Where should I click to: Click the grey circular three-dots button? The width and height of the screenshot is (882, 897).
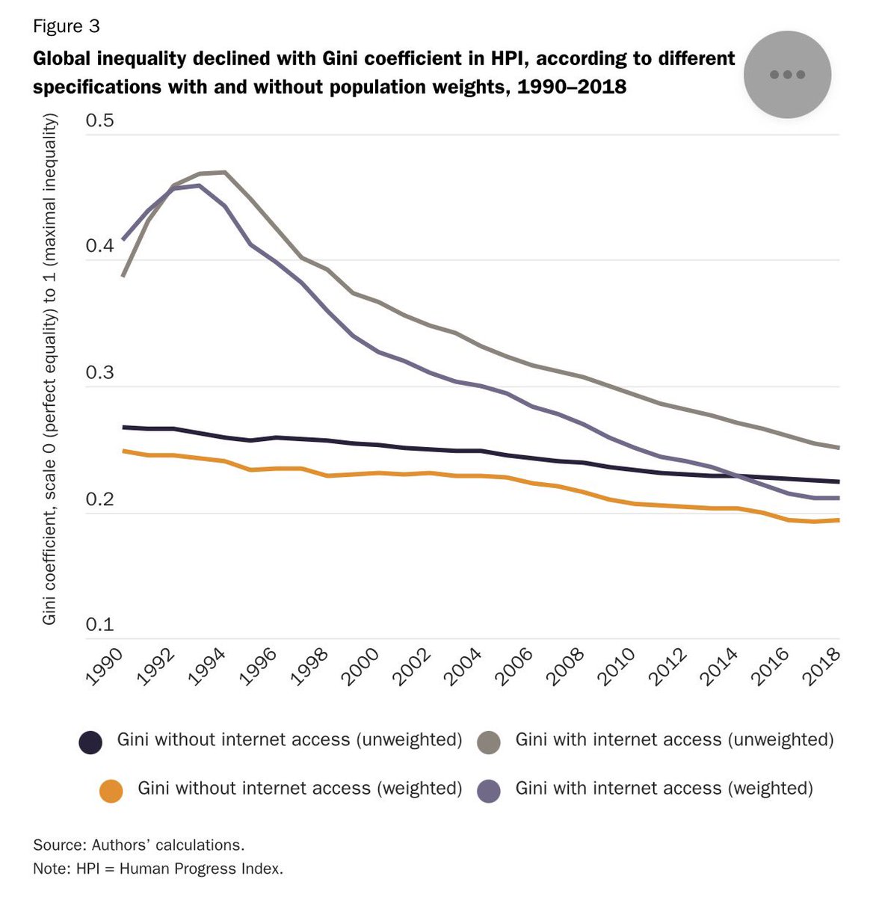tap(787, 74)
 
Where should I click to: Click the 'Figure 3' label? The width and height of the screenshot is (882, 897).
tap(66, 26)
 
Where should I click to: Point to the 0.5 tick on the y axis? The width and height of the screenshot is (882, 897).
tap(100, 120)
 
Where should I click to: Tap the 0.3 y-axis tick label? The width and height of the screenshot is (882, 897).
tap(100, 373)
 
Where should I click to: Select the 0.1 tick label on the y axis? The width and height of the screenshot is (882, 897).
tap(100, 625)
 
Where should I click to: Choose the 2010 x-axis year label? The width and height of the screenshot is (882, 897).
tap(618, 667)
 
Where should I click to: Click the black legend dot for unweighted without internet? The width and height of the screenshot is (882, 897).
tap(90, 742)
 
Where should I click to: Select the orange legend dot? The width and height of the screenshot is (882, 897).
tap(111, 791)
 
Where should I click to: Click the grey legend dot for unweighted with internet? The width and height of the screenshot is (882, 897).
tap(489, 742)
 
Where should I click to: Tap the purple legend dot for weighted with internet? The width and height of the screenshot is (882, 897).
tap(489, 791)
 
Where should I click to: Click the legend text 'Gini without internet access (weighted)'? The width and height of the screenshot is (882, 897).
tap(300, 788)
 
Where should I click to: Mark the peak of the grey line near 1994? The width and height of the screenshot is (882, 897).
tap(224, 172)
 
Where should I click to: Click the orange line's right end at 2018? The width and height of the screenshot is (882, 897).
tap(839, 520)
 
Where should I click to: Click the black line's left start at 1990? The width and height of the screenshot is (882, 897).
tap(123, 427)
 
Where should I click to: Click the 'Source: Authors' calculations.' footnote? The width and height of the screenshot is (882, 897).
tap(138, 845)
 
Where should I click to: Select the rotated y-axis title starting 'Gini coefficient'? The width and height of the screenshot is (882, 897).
tap(49, 369)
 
